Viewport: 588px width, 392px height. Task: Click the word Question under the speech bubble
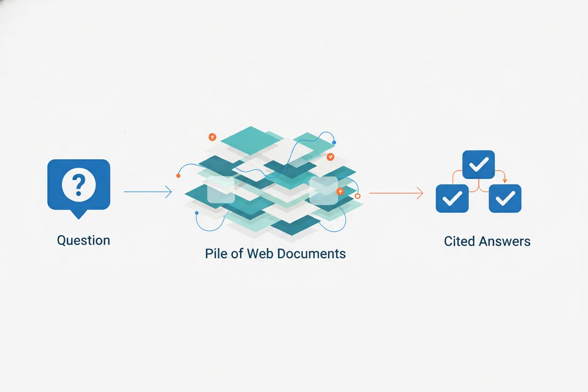pos(83,240)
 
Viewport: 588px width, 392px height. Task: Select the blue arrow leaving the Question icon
pos(148,192)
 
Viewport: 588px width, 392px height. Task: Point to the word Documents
pos(311,253)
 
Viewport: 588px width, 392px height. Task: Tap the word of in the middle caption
pos(237,253)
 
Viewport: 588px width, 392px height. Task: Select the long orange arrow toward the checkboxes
pos(396,193)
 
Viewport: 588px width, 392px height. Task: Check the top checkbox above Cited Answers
pos(479,164)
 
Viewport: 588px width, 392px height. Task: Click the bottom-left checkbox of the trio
pos(452,198)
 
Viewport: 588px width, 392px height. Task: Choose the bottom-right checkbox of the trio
pos(505,198)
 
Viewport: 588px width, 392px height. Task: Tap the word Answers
pos(505,241)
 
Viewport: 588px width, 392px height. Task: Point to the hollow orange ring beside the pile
pos(357,196)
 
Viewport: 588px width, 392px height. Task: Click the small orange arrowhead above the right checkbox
pos(505,181)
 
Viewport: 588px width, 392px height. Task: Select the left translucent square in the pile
pos(221,189)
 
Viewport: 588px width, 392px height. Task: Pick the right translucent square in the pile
pos(324,190)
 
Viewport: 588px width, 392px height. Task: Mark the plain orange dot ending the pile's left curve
pos(178,176)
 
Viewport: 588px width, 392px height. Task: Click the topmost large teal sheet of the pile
pos(251,140)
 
